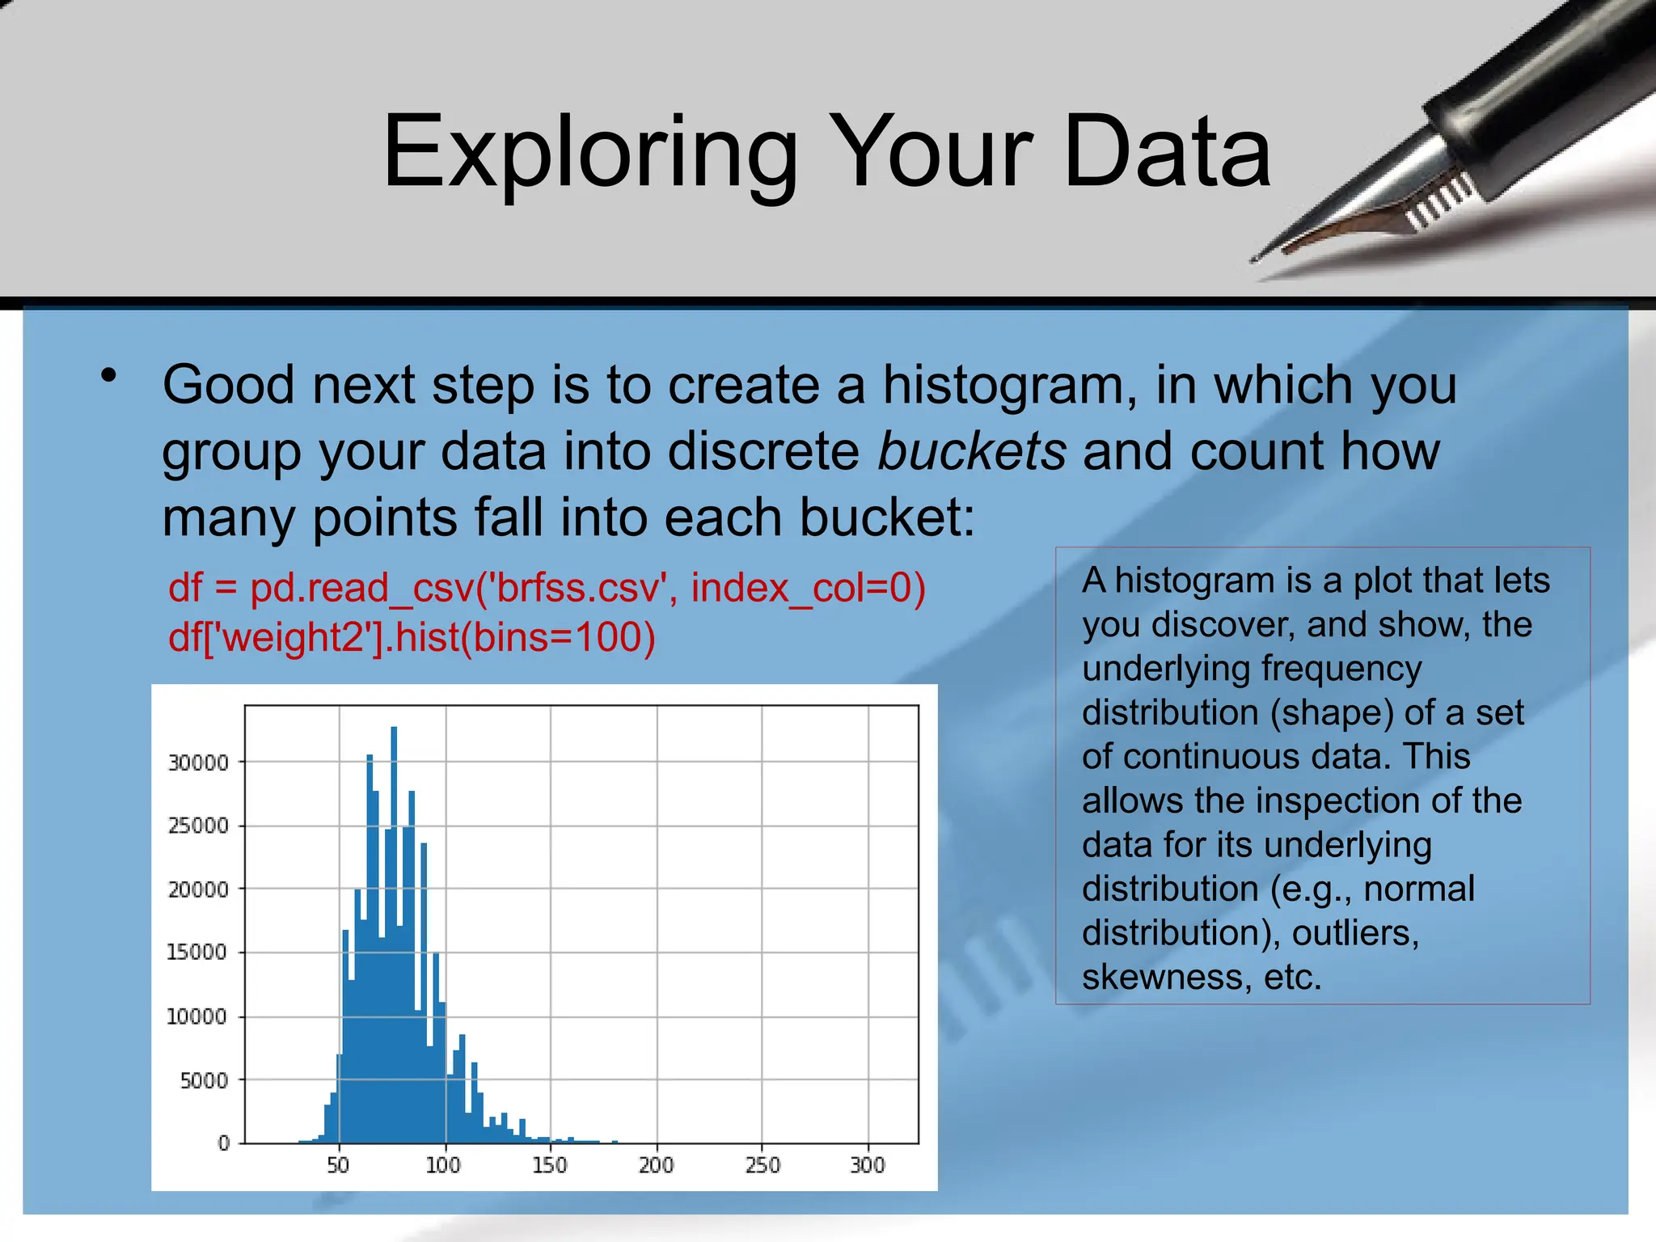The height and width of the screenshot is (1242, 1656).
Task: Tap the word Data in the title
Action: [1168, 152]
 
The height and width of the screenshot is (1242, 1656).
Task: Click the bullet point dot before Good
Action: [109, 376]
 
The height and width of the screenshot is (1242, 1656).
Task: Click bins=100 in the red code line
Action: [558, 637]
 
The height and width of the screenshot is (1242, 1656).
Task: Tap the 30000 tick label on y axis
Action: [198, 763]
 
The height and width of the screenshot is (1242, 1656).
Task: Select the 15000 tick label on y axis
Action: [196, 953]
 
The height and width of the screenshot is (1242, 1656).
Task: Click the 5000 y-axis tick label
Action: [204, 1080]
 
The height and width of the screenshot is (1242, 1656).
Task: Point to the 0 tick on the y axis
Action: [224, 1143]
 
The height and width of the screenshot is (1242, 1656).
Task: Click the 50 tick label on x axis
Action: [338, 1165]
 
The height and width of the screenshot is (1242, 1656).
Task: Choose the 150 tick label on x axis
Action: [550, 1165]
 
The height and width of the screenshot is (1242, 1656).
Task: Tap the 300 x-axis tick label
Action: [868, 1165]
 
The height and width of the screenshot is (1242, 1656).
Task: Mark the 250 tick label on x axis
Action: [762, 1165]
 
